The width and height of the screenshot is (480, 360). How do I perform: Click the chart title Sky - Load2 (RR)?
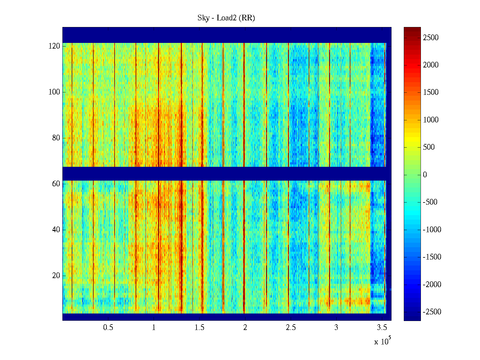pyautogui.click(x=226, y=18)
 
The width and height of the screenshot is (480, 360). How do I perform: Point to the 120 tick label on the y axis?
pyautogui.click(x=54, y=46)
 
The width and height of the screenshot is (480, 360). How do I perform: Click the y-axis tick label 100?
pyautogui.click(x=54, y=92)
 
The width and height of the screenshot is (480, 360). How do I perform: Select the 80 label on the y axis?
pyautogui.click(x=56, y=138)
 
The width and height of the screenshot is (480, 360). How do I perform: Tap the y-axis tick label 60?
pyautogui.click(x=56, y=184)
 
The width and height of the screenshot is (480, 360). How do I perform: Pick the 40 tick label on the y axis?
pyautogui.click(x=56, y=230)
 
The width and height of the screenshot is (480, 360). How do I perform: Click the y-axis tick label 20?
pyautogui.click(x=56, y=276)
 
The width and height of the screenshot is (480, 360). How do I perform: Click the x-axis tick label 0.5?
pyautogui.click(x=108, y=328)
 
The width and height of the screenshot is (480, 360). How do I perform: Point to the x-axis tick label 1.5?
pyautogui.click(x=199, y=328)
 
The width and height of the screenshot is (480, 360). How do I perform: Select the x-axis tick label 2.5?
pyautogui.click(x=290, y=328)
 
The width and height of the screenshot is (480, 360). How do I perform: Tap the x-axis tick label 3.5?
pyautogui.click(x=382, y=328)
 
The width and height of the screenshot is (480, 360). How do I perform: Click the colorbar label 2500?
pyautogui.click(x=430, y=38)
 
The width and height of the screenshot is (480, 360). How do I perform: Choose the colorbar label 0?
pyautogui.click(x=425, y=175)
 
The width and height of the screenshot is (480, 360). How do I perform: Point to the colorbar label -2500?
pyautogui.click(x=432, y=312)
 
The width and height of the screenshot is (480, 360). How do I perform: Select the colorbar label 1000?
pyautogui.click(x=430, y=120)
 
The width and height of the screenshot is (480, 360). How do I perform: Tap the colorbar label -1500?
pyautogui.click(x=432, y=257)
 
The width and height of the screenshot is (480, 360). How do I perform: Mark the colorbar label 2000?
pyautogui.click(x=430, y=65)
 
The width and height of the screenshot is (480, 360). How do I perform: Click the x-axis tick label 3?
pyautogui.click(x=336, y=328)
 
